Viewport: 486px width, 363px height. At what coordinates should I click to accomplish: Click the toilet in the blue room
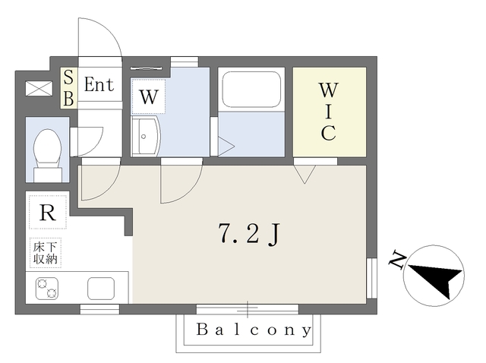point(47,155)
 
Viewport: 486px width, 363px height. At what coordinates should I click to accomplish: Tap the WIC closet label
point(329,112)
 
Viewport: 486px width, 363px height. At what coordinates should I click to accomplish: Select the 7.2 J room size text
point(249,234)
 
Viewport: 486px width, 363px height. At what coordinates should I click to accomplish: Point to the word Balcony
point(254,330)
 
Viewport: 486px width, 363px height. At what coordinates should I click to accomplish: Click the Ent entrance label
point(99,84)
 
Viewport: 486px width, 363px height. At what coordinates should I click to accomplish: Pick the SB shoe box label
point(68,88)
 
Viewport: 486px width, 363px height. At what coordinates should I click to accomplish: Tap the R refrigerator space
point(48,213)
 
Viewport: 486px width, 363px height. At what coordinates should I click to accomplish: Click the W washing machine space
point(149,96)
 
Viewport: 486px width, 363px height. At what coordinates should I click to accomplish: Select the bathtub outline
point(251,90)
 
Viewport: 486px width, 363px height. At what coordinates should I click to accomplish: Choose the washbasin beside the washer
point(145,137)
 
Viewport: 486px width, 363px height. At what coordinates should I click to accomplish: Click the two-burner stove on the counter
point(47,289)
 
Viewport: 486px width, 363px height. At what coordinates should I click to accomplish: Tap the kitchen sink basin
point(101,289)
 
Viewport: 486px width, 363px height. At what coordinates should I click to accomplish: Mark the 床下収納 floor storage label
point(46,253)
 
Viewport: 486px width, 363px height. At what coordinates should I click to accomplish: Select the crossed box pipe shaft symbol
point(39,88)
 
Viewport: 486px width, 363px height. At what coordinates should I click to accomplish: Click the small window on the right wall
point(371,278)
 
